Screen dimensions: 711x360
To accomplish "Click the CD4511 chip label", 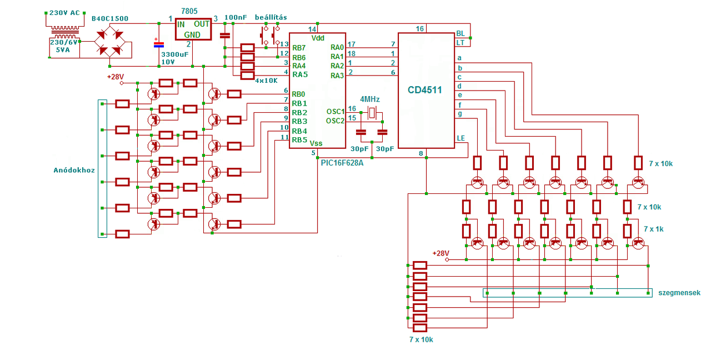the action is coord(425,90).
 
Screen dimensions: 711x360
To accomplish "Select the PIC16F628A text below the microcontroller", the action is coord(342,163).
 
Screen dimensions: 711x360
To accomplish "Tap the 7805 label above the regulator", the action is coord(189,11).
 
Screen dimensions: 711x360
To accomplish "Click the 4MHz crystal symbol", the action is coord(372,112).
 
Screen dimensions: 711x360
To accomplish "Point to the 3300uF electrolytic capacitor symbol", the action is coord(159,44).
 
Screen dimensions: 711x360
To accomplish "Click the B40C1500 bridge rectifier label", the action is coord(110,18).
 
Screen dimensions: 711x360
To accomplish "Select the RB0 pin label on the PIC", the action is coord(298,94).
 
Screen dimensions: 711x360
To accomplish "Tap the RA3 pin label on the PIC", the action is coord(337,76).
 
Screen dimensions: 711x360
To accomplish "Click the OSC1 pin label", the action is coord(336,112).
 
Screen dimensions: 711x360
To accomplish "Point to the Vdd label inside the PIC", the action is coord(318,38).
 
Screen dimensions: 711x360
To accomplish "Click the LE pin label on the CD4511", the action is coord(461,138).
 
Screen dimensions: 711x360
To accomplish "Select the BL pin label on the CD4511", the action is coord(460,33).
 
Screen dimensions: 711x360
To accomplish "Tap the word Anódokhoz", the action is coord(74,170).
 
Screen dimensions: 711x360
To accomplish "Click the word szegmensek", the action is coord(679,293).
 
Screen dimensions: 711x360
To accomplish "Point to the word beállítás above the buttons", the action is coord(271,17).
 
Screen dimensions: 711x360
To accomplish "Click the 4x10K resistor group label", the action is coord(266,81).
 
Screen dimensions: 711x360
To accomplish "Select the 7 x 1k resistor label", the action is coord(654,229).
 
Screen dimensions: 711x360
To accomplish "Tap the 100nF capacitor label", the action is coord(236,17).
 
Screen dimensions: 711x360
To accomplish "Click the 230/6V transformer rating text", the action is coord(63,42).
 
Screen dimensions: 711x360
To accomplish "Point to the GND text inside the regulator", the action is coord(192,34).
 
